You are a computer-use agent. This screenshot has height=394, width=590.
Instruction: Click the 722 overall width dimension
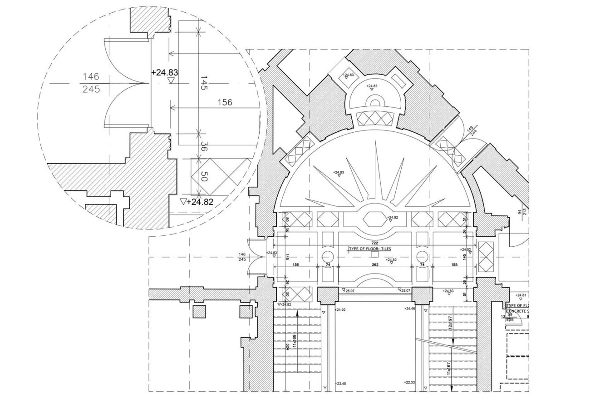(374, 243)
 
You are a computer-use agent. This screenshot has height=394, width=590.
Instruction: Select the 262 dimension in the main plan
(374, 264)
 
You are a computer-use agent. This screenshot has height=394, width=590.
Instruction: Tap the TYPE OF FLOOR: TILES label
(370, 249)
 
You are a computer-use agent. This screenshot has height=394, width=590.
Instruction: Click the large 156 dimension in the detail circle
(225, 103)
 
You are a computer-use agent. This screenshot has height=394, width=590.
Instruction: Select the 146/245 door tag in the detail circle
(91, 83)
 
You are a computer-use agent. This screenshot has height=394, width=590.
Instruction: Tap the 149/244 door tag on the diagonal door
(472, 130)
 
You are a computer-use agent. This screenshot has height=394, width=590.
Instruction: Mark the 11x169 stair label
(295, 341)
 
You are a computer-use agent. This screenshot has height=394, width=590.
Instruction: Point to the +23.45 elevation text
(341, 384)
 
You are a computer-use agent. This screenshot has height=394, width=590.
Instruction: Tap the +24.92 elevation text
(340, 309)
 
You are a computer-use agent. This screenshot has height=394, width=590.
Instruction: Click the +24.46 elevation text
(410, 309)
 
